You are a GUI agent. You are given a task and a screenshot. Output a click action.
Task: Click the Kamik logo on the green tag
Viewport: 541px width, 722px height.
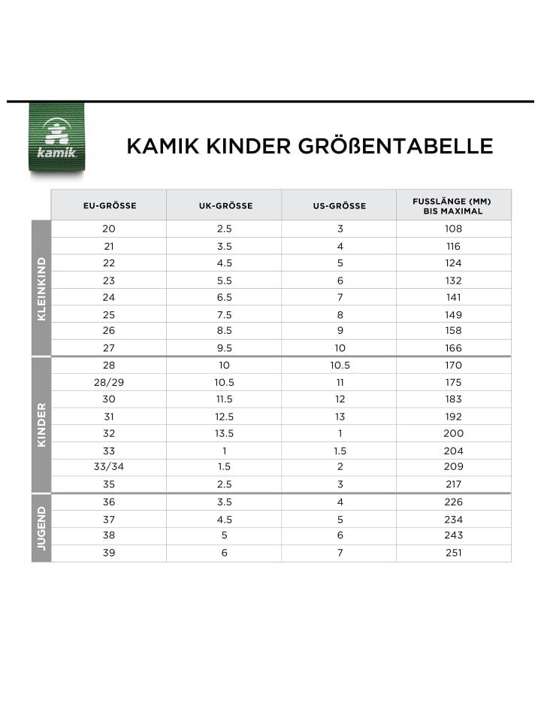click(57, 138)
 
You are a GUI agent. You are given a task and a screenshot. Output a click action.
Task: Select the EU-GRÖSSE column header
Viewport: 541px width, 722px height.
click(109, 205)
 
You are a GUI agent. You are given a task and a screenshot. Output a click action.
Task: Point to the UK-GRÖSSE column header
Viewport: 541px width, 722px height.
click(224, 205)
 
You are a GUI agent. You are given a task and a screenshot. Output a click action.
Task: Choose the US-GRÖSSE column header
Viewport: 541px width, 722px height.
click(340, 205)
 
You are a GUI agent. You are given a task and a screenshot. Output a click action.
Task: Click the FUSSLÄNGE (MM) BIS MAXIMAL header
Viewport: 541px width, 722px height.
click(453, 205)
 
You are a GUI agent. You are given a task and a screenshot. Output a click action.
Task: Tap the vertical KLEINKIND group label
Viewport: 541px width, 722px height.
click(41, 289)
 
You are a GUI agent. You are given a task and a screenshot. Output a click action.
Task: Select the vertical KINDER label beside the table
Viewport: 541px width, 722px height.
click(41, 425)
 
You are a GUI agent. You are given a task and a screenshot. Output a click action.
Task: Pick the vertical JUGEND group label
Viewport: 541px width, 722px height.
click(41, 528)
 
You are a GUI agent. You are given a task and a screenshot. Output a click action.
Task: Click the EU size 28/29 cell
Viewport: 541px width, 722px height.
click(109, 382)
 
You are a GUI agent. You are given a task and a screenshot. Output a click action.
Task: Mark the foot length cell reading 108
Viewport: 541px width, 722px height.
click(453, 229)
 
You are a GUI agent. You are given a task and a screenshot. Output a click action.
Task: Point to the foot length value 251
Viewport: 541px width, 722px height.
click(453, 553)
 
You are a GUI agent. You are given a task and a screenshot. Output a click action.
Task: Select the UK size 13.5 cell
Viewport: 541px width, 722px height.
click(224, 433)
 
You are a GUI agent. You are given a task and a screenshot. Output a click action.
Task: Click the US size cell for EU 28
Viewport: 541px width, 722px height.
click(340, 366)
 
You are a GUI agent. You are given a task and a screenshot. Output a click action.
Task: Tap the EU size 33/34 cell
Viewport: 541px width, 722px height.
click(109, 467)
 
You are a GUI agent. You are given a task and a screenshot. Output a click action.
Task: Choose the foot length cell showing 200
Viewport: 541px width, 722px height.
click(453, 433)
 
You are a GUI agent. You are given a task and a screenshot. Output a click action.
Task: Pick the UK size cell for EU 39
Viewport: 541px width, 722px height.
click(224, 553)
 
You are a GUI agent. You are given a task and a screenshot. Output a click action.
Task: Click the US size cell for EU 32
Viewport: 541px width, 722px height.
click(340, 433)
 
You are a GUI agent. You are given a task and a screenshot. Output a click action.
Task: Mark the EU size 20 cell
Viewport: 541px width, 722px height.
click(109, 229)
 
